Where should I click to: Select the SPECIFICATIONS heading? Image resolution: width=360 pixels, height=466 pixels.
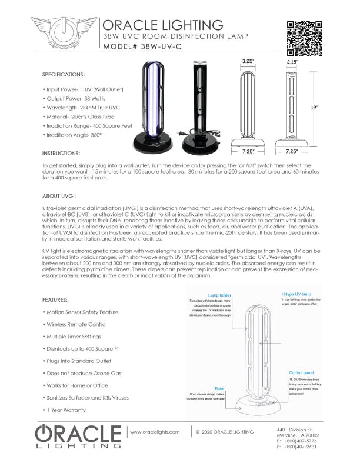(x=64, y=75)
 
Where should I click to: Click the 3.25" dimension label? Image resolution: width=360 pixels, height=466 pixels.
(x=248, y=61)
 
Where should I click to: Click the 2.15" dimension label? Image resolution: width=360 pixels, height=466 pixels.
(x=292, y=61)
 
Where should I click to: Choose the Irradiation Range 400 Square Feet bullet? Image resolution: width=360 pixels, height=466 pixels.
(x=88, y=125)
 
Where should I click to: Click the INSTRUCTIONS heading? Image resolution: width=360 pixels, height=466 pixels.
(x=62, y=152)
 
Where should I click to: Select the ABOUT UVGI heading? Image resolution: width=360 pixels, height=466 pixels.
(x=58, y=195)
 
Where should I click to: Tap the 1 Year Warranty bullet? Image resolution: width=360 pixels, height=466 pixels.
(x=66, y=410)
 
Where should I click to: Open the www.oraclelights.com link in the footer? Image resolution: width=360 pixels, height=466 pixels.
(x=154, y=432)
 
